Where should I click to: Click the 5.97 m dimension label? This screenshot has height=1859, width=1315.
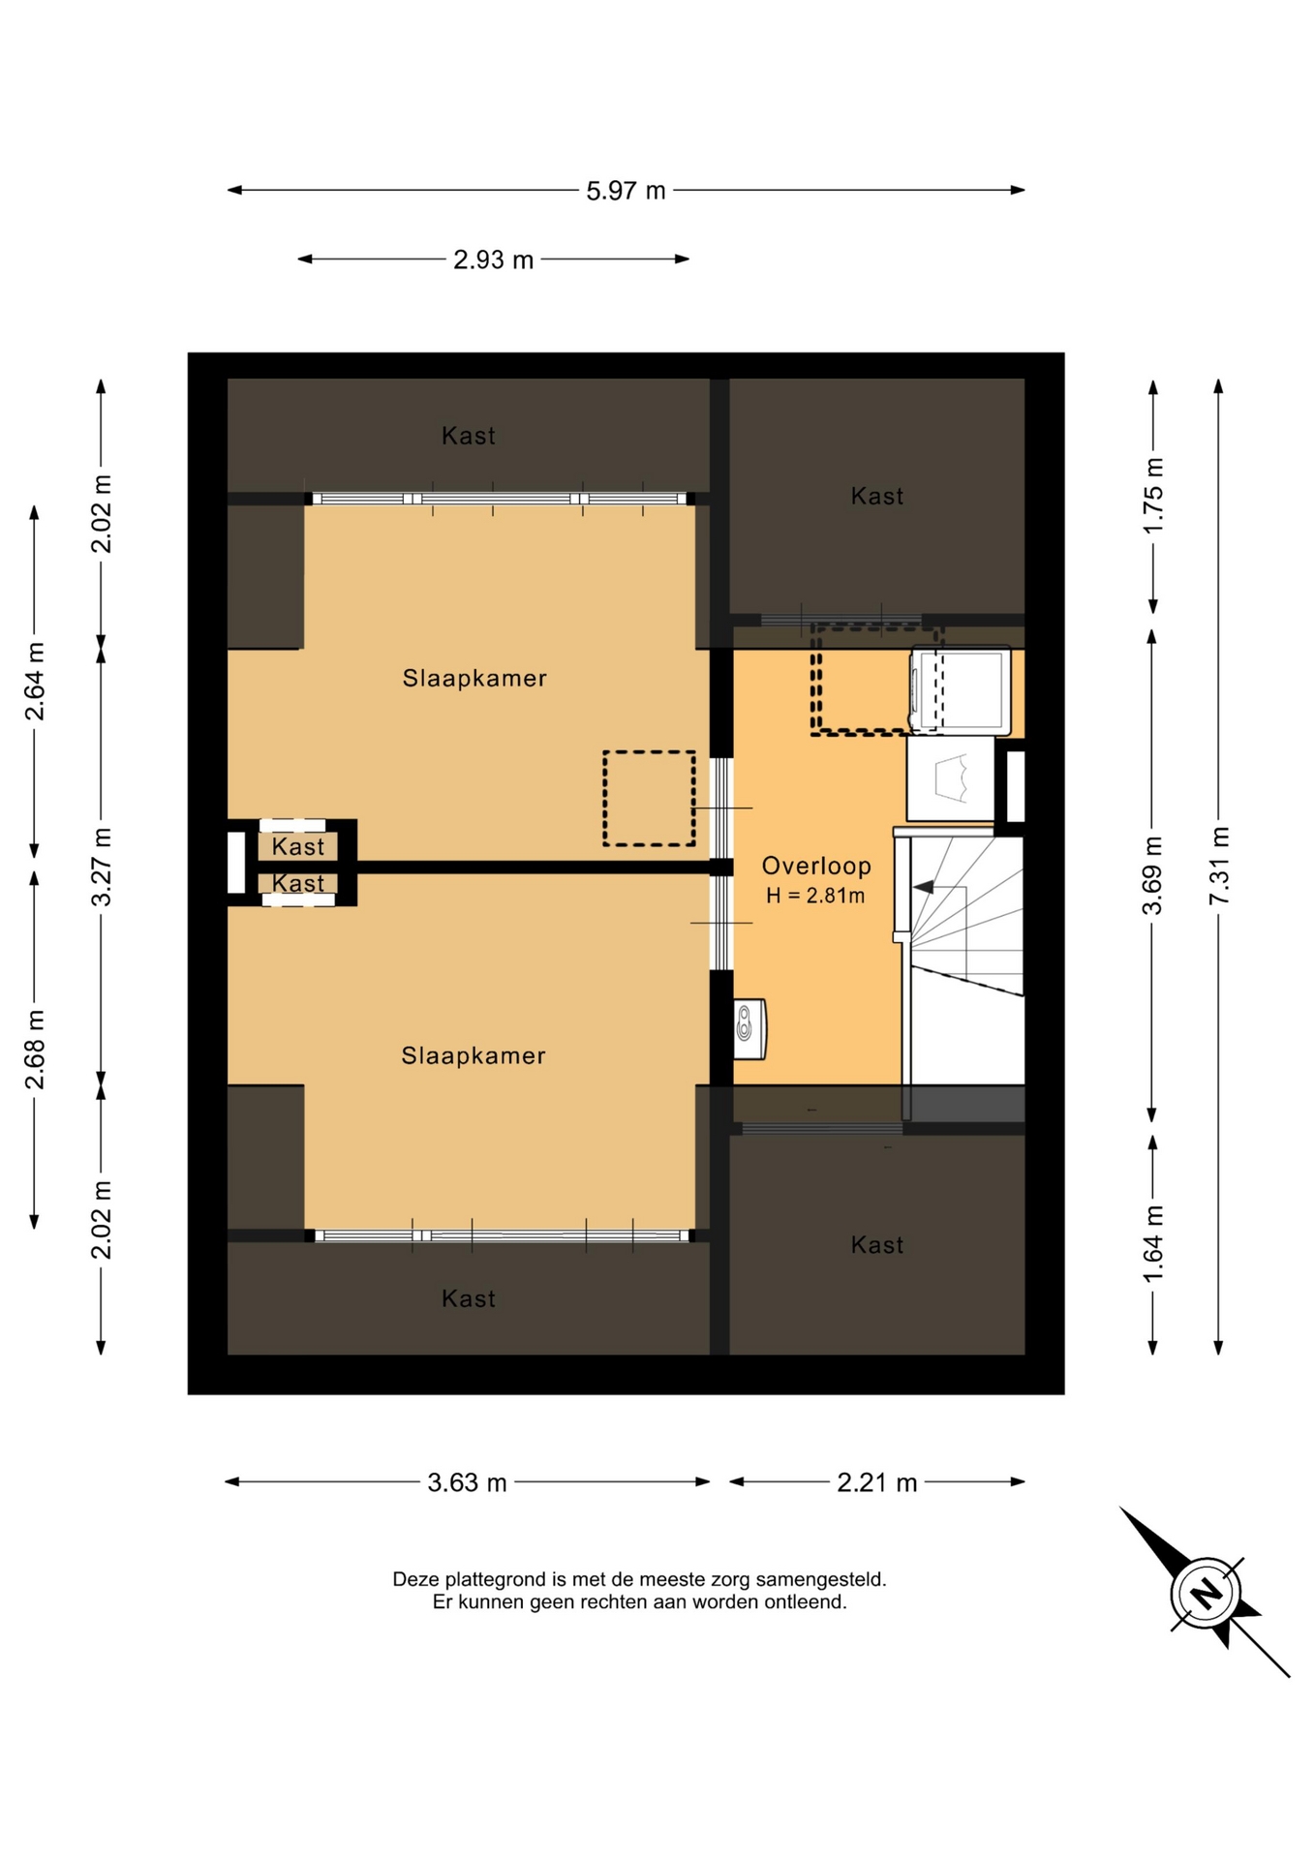626,191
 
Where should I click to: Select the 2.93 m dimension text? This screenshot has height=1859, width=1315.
493,259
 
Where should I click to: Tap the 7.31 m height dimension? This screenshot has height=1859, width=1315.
1218,866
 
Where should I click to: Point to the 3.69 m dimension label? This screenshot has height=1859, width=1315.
1151,875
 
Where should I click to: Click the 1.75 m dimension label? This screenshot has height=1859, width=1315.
1152,495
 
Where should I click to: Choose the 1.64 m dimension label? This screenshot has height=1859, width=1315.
1152,1243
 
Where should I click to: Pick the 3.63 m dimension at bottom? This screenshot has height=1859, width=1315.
467,1482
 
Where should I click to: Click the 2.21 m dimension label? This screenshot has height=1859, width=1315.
876,1482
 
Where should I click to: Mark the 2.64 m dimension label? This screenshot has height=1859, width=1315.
35,682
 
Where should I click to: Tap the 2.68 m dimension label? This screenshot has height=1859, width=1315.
35,1050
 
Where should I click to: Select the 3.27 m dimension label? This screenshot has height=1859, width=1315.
101,867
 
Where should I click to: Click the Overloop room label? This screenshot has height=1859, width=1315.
816,866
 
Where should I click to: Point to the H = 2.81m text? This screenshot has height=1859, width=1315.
815,896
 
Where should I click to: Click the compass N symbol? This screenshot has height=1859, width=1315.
1206,1593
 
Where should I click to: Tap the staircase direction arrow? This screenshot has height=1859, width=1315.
924,886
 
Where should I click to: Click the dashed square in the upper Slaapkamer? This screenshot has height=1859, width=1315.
649,799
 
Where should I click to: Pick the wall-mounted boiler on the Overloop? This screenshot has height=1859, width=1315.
749,1029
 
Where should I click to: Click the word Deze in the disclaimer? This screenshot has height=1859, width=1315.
414,1579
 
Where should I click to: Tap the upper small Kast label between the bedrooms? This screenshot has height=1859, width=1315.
298,847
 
